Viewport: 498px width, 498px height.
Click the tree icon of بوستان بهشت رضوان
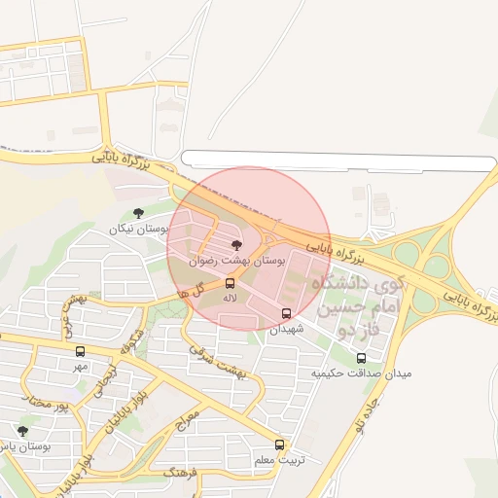pos(236,245)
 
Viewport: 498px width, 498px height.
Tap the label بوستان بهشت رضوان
pos(237,261)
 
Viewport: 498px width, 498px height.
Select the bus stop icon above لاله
pos(230,283)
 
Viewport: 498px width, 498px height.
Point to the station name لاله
pos(230,298)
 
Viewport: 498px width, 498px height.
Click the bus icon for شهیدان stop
pos(286,314)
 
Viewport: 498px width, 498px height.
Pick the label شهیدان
pos(286,329)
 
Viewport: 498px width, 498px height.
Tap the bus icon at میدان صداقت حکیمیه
pos(362,358)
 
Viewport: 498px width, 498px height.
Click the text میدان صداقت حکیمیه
pos(362,373)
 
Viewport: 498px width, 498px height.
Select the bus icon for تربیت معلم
pos(280,445)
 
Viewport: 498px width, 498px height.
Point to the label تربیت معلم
pos(278,459)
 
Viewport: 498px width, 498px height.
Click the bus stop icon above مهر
pos(80,352)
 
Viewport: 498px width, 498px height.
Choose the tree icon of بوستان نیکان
pos(138,213)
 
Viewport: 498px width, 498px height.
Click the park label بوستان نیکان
pos(139,229)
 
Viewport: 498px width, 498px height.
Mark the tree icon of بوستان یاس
pos(22,431)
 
